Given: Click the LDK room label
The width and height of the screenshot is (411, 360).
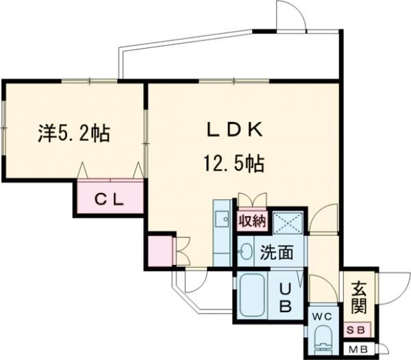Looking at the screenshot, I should (x=233, y=130).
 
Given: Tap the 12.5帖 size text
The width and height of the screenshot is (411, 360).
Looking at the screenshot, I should (x=233, y=164).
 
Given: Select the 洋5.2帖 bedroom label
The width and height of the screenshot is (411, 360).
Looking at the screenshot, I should (x=73, y=133).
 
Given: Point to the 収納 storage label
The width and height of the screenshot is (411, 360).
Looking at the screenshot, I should (x=251, y=222).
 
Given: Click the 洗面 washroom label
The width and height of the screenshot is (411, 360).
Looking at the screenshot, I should (x=276, y=253).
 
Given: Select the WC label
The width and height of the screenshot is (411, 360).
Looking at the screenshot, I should (x=322, y=316).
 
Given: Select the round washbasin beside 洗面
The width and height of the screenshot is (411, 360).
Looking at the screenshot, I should (x=245, y=252).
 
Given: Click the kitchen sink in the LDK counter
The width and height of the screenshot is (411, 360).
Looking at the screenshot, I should (x=221, y=220).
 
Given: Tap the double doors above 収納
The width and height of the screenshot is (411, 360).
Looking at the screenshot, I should (x=252, y=201).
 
